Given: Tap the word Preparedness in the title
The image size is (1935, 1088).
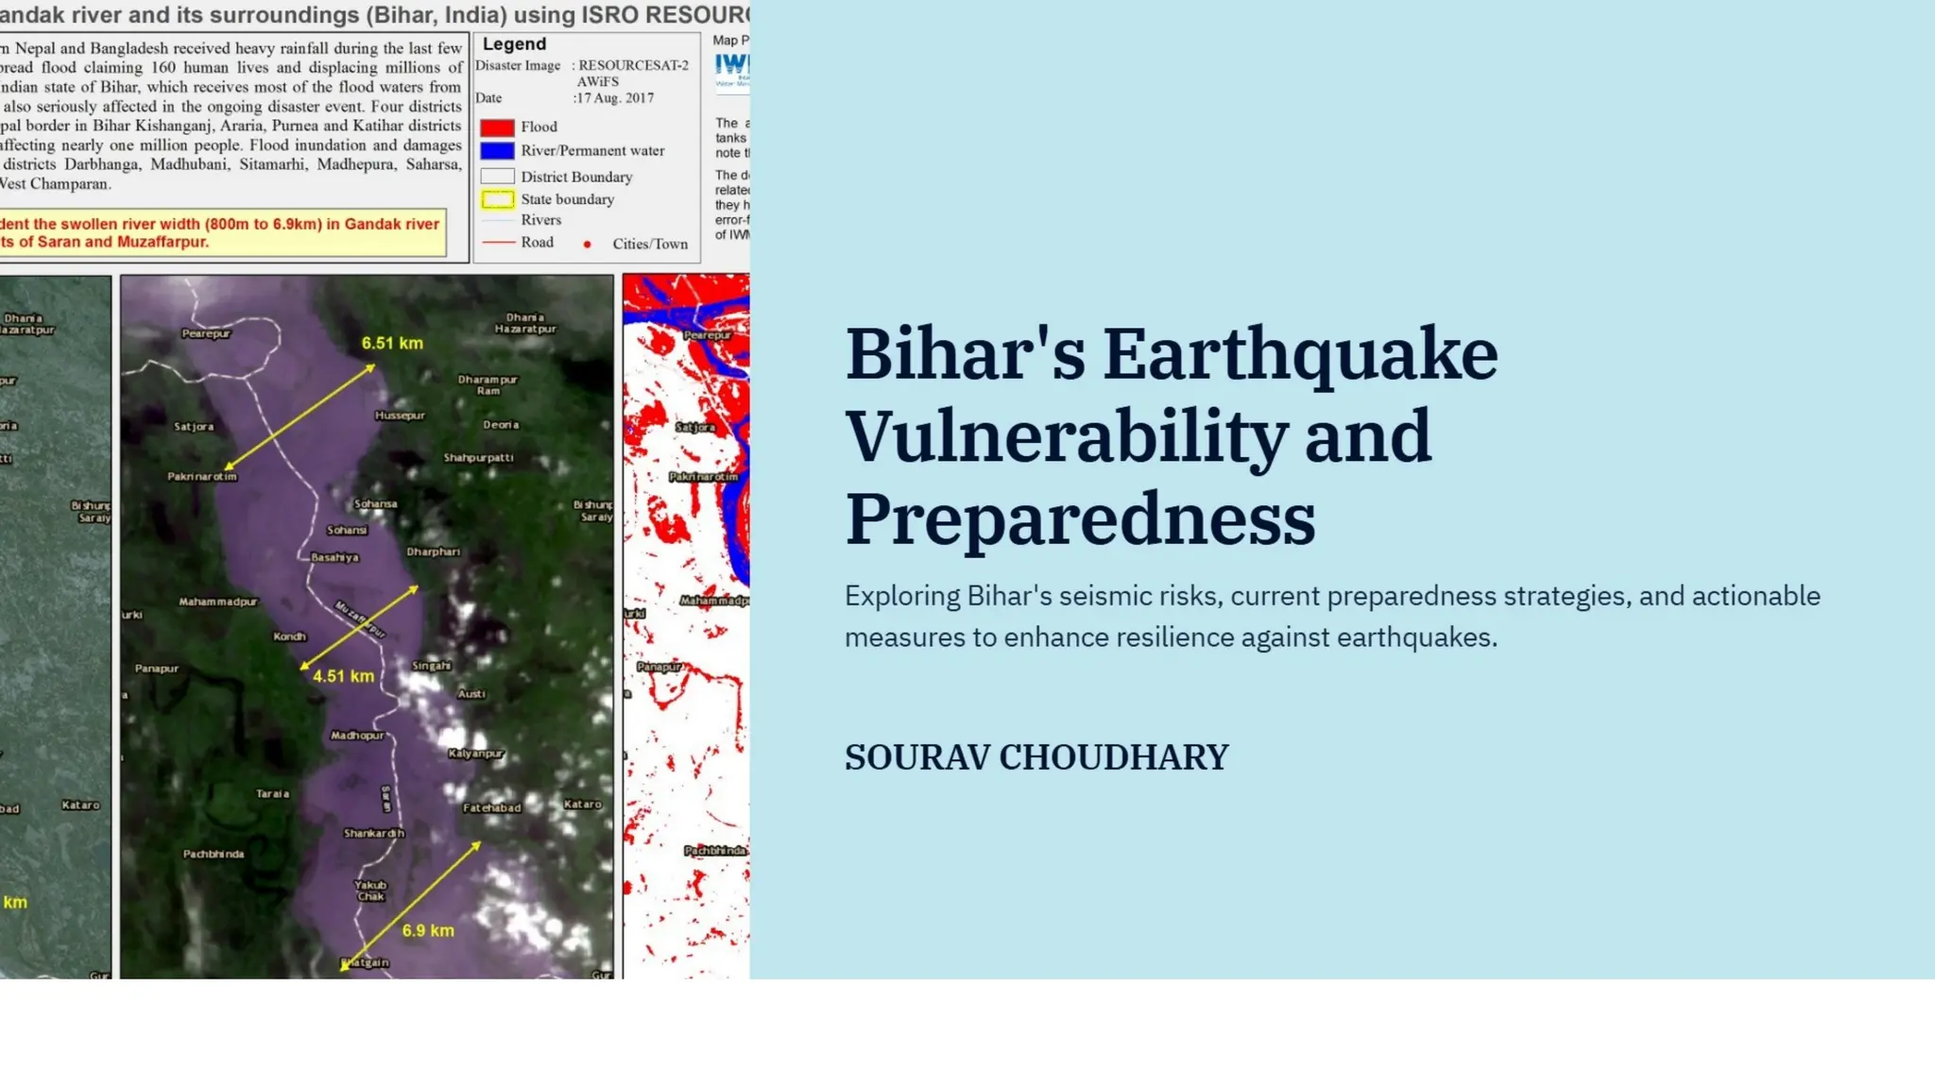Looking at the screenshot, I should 1080,518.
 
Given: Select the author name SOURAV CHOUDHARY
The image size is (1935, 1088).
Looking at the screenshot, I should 1036,757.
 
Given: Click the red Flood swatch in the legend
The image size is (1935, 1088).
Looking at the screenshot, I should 497,127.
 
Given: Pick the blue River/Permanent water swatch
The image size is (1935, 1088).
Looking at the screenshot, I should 497,151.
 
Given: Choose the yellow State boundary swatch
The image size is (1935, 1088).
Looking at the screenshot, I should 497,199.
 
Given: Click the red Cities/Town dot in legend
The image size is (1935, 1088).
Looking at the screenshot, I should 587,245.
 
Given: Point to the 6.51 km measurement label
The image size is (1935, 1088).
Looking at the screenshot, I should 392,344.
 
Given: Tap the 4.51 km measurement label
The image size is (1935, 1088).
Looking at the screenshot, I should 343,676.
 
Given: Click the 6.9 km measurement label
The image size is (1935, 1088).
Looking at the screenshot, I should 428,930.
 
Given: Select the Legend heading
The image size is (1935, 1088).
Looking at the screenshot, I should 514,44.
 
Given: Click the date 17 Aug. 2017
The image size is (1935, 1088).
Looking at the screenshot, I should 614,98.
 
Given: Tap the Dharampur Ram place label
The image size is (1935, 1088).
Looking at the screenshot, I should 488,384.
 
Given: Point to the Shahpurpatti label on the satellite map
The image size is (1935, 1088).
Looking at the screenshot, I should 479,458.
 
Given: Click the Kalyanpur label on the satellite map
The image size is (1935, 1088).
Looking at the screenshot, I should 476,754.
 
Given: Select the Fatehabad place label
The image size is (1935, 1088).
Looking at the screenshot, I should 491,807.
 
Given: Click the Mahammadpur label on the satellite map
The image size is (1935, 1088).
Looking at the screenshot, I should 218,602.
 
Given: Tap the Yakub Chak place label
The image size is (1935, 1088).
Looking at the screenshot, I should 370,891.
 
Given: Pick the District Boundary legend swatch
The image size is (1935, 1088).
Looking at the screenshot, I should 497,177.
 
